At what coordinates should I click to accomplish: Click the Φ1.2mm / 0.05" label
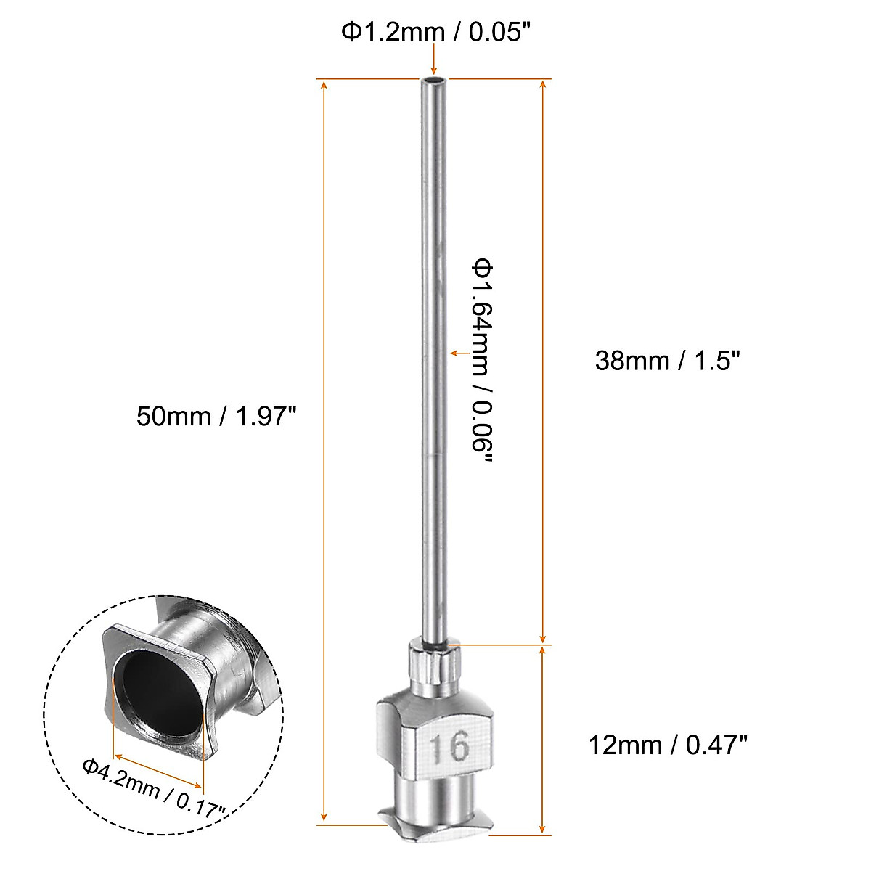click(433, 32)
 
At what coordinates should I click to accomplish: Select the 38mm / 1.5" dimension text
click(667, 360)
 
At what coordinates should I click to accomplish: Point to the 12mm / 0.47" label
click(667, 745)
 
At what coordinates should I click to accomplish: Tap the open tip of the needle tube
click(434, 79)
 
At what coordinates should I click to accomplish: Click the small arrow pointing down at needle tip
click(434, 67)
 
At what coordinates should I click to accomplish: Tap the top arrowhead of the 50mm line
click(324, 86)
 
